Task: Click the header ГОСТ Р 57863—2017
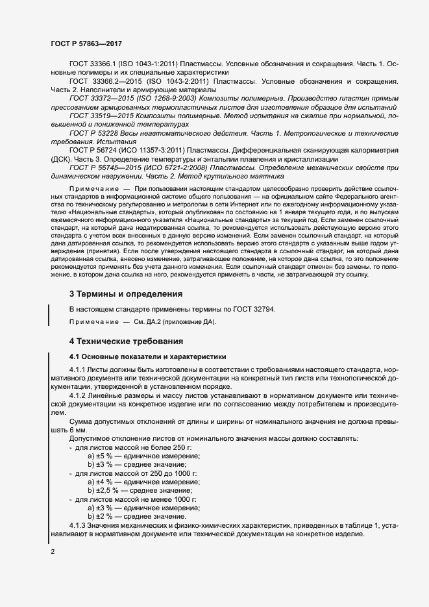coord(86,43)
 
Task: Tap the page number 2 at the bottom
coord(53,552)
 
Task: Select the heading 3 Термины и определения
coord(126,294)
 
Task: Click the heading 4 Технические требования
coord(127,341)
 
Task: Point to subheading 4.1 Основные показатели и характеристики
coord(147,356)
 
